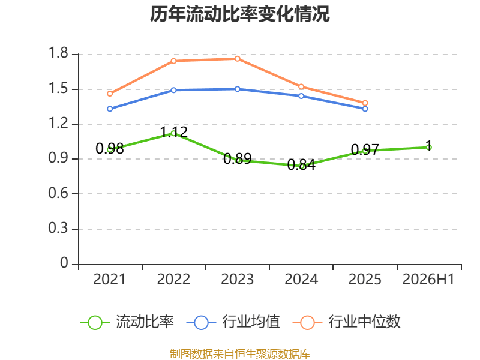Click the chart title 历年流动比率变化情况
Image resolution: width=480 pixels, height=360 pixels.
(x=239, y=14)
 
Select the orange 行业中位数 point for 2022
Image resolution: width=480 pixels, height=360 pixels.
(x=173, y=61)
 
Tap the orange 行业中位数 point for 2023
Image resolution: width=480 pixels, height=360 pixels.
(x=238, y=58)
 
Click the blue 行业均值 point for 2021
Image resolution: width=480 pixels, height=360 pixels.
(x=110, y=109)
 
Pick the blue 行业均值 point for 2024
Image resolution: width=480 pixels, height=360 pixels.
(x=301, y=96)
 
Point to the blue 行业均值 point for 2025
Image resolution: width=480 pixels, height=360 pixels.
(x=365, y=109)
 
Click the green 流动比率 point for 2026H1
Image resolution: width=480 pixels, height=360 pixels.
(x=429, y=148)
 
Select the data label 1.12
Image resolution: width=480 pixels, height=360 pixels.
(x=174, y=132)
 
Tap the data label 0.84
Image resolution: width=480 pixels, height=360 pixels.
(x=301, y=164)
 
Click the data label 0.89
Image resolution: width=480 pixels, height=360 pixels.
(x=238, y=158)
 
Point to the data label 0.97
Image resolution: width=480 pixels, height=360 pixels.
(x=365, y=149)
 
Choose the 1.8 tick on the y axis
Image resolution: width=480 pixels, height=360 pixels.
(x=58, y=53)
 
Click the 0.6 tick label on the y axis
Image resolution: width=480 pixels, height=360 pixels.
(x=58, y=193)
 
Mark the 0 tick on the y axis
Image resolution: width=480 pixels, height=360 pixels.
(x=64, y=263)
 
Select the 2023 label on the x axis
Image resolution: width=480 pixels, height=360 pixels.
(x=238, y=279)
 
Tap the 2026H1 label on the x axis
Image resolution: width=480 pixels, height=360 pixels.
(x=428, y=279)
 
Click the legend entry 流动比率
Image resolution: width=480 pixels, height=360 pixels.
(x=127, y=322)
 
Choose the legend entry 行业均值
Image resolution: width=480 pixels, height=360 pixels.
(x=233, y=322)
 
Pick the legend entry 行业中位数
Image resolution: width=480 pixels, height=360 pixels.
(x=347, y=322)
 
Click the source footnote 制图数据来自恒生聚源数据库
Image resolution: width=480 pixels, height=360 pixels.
(x=240, y=354)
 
